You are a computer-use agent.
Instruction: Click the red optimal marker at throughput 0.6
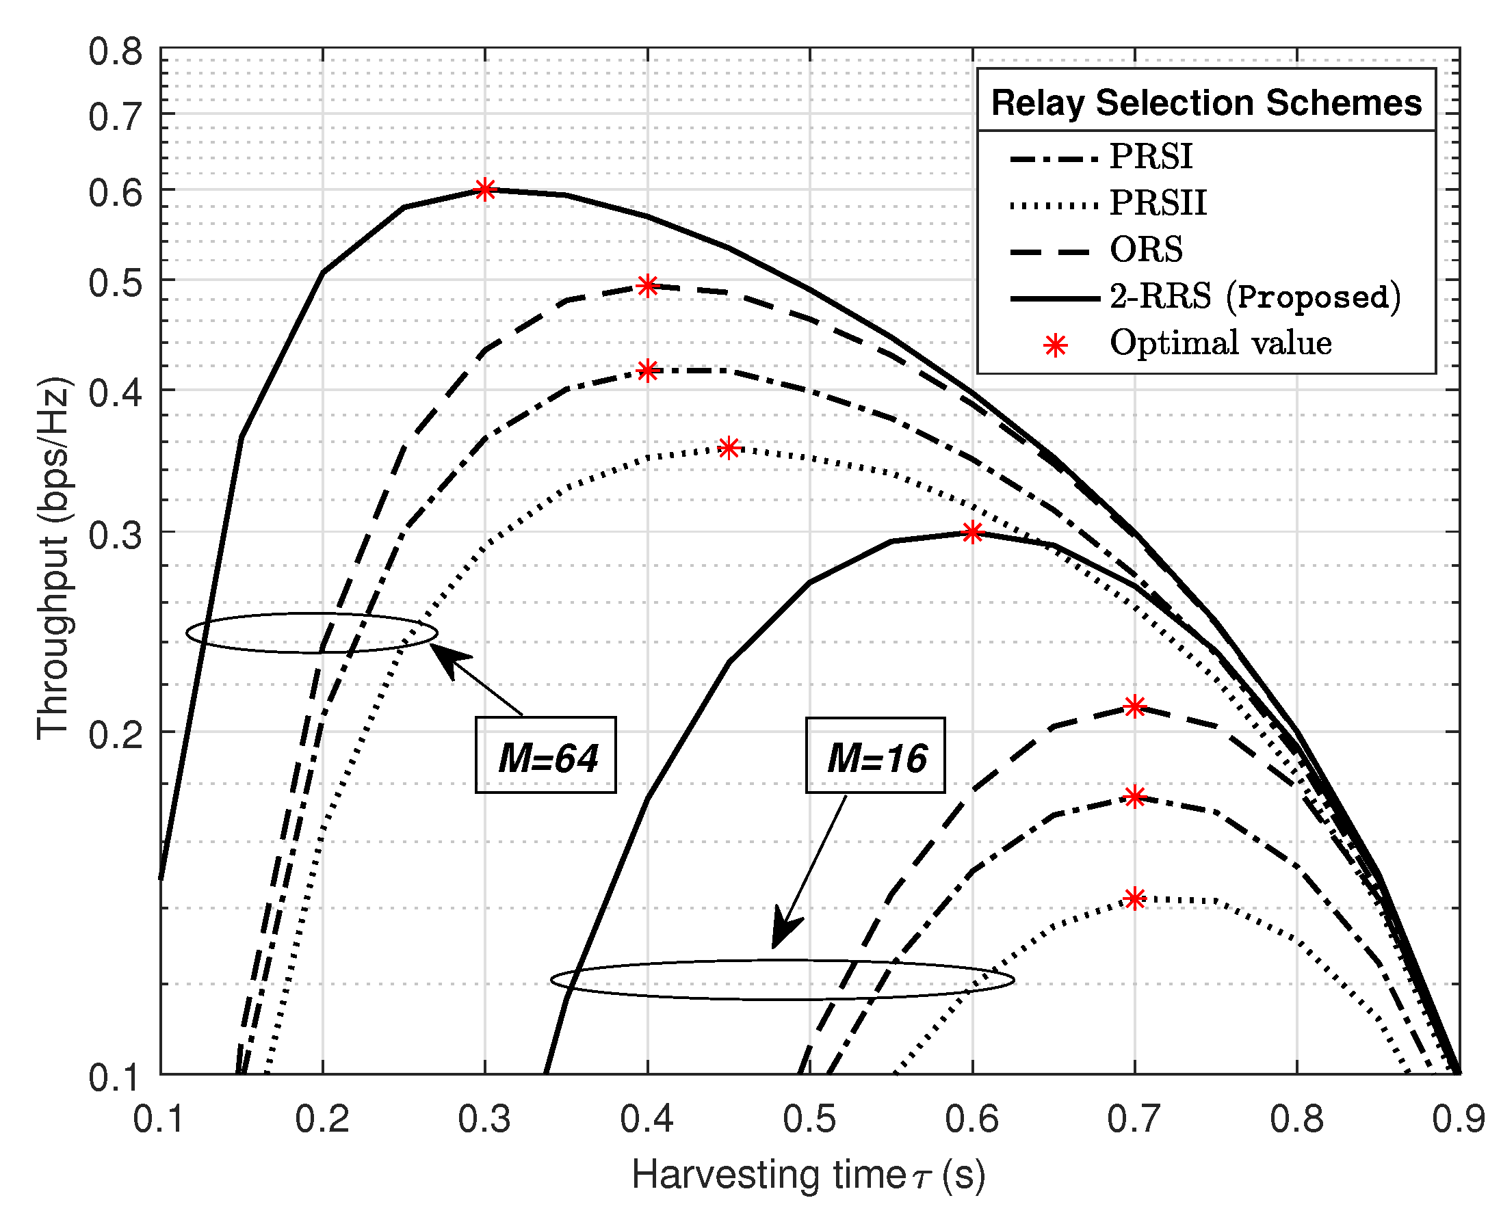pos(485,189)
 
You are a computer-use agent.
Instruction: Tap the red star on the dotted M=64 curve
pos(729,448)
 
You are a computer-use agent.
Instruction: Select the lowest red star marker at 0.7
pos(1135,899)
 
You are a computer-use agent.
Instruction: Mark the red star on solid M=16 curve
pos(972,533)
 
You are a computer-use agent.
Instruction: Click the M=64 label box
pos(546,755)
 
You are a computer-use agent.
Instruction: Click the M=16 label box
pos(875,755)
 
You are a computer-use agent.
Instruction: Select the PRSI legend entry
pos(1151,157)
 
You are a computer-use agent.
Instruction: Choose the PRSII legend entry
pos(1158,203)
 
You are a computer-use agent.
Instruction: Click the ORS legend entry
pos(1146,250)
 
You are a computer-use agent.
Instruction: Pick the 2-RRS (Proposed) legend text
pos(1255,297)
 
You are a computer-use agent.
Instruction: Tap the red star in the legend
pos(1056,345)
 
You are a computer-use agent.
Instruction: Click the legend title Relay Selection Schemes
pos(1206,103)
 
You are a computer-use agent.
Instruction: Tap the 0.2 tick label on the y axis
pos(115,734)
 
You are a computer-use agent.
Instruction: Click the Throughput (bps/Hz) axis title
pos(53,558)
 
